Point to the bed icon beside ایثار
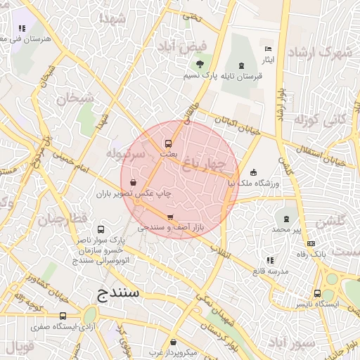pyautogui.click(x=267, y=49)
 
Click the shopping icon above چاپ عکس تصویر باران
pyautogui.click(x=133, y=182)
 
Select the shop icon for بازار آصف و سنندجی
pyautogui.click(x=169, y=217)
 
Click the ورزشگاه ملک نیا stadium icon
pyautogui.click(x=253, y=172)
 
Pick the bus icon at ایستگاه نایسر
pyautogui.click(x=318, y=293)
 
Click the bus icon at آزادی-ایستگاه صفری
pyautogui.click(x=63, y=316)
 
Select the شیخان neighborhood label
pyautogui.click(x=76, y=98)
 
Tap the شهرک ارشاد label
pyautogui.click(x=326, y=52)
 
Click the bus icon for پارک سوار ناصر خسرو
pyautogui.click(x=101, y=229)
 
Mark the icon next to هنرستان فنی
pyautogui.click(x=22, y=29)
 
